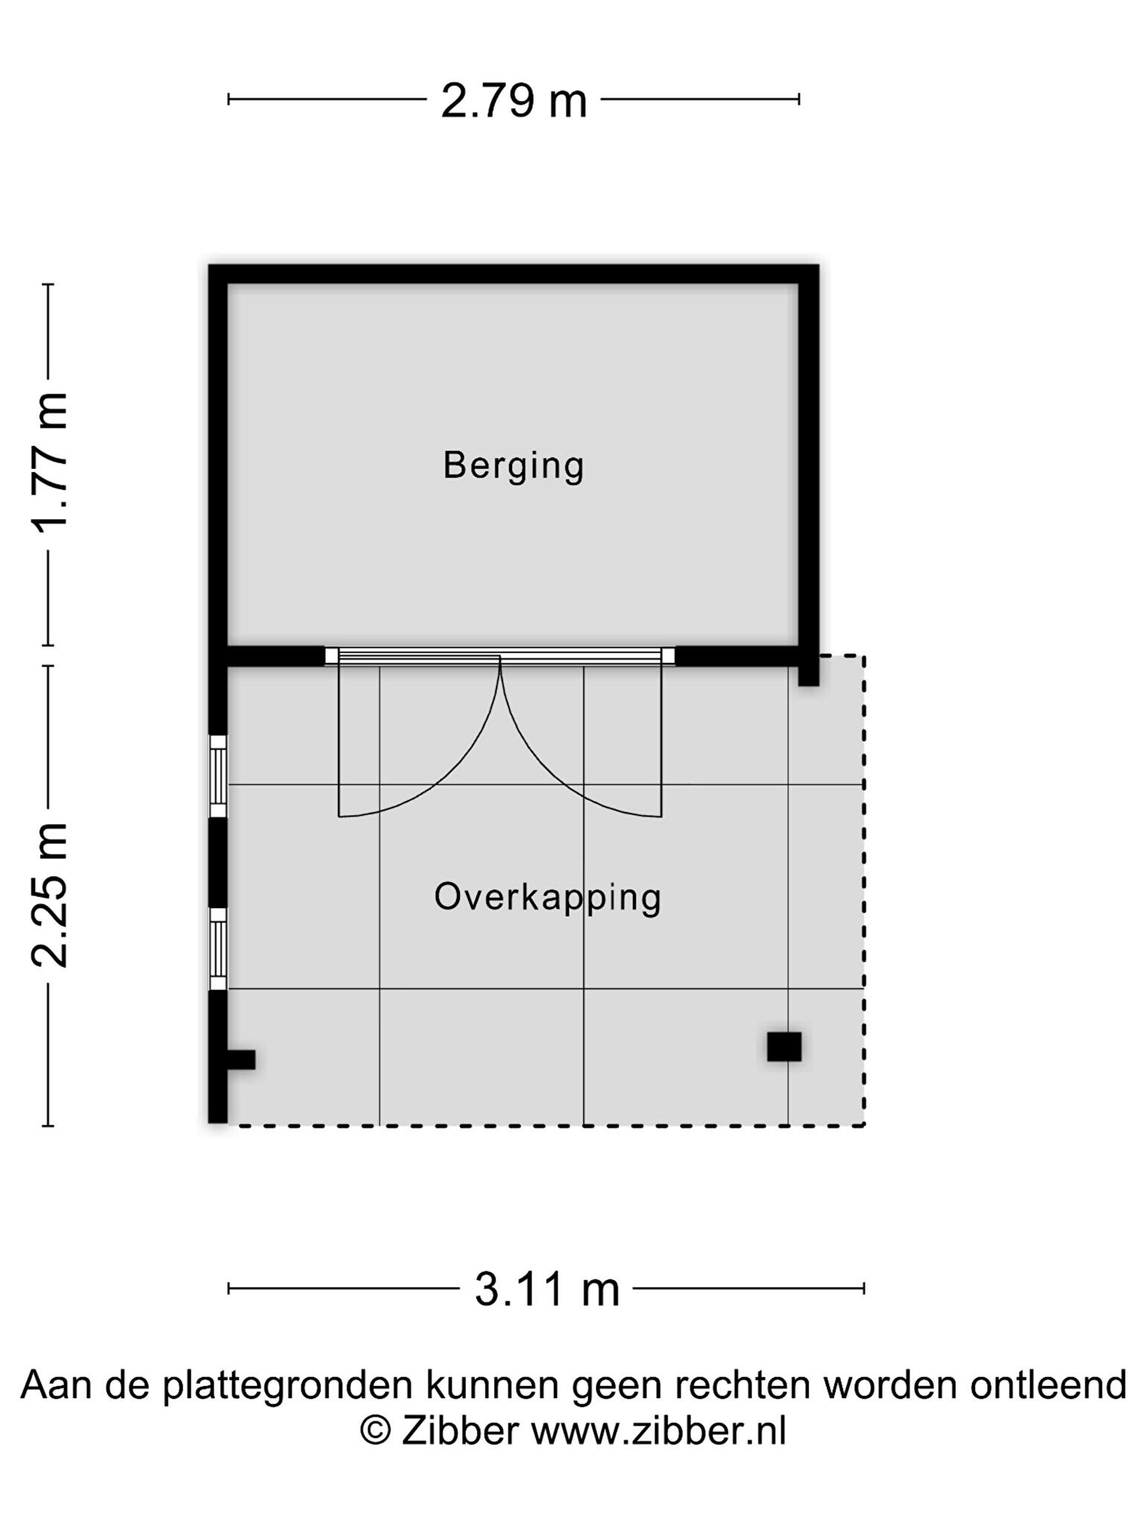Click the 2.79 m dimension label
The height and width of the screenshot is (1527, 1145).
(x=514, y=100)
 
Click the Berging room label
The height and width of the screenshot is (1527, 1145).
(x=514, y=466)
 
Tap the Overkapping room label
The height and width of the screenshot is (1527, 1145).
(x=548, y=897)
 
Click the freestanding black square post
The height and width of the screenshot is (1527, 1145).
(x=784, y=1046)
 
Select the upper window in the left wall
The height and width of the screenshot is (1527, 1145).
(x=218, y=776)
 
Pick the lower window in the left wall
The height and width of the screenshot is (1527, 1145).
(x=218, y=948)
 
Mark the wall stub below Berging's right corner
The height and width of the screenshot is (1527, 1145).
(x=809, y=676)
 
